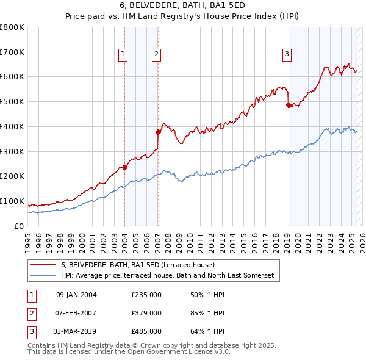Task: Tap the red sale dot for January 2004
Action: coord(124,167)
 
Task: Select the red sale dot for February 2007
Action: coord(158,131)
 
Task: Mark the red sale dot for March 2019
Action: coord(289,105)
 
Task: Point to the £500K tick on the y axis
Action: coord(12,101)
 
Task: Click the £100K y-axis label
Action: coord(12,201)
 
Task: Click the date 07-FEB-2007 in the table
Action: coord(76,313)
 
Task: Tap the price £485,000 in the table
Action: coord(146,331)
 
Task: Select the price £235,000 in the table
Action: coord(146,295)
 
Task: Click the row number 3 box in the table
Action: coord(30,331)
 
